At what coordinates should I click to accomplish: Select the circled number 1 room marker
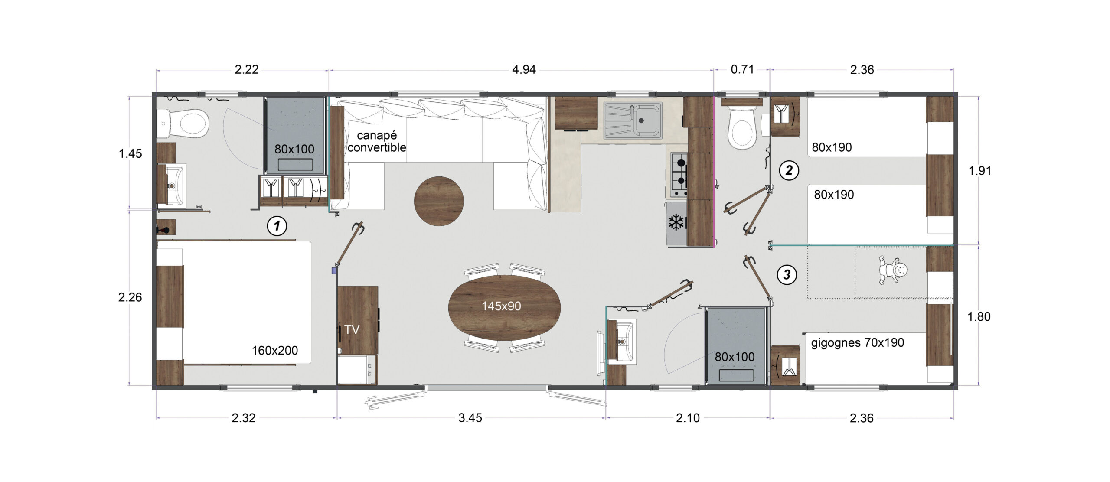[277, 226]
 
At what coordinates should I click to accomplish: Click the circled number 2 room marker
[789, 170]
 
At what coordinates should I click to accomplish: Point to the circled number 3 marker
[787, 274]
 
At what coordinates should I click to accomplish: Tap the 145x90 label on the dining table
[501, 306]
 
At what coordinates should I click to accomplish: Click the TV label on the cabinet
[352, 330]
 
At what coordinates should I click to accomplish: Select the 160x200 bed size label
[275, 350]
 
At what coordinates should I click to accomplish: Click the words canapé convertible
[376, 141]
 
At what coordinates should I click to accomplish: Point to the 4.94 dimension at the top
[524, 69]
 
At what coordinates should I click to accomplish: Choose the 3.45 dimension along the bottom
[470, 418]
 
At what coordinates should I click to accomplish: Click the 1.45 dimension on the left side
[131, 153]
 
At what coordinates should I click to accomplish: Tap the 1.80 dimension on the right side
[979, 317]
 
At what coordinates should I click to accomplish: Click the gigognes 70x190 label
[857, 343]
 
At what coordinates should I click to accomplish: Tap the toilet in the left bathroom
[187, 122]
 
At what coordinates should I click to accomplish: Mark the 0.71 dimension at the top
[742, 69]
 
